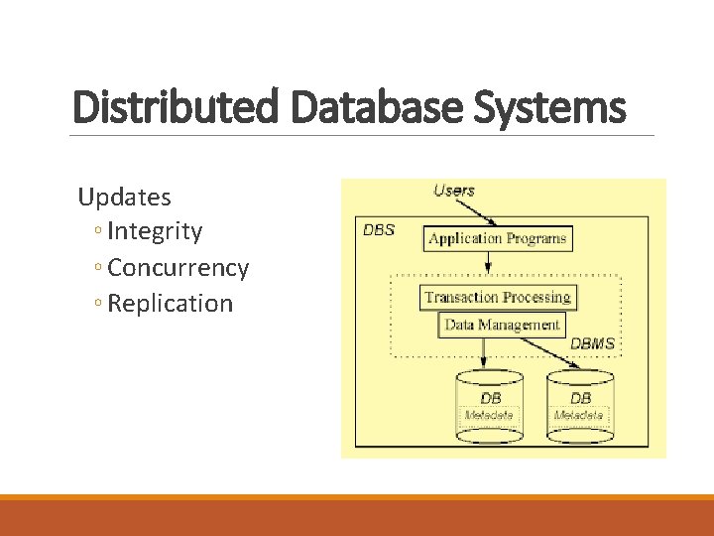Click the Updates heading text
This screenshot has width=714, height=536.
[x=124, y=197]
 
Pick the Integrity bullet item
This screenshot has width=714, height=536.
[x=155, y=232]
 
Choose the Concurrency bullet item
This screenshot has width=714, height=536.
[x=178, y=268]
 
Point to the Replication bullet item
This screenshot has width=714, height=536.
[x=170, y=304]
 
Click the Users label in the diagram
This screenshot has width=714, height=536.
[x=453, y=191]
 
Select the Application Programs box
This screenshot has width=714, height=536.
[x=498, y=238]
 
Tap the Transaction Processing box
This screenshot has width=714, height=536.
[x=498, y=297]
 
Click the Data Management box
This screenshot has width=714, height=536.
[x=502, y=325]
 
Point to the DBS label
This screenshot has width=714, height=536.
[x=379, y=230]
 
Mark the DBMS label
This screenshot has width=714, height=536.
[x=592, y=343]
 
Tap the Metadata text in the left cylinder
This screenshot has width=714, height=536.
[x=489, y=415]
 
